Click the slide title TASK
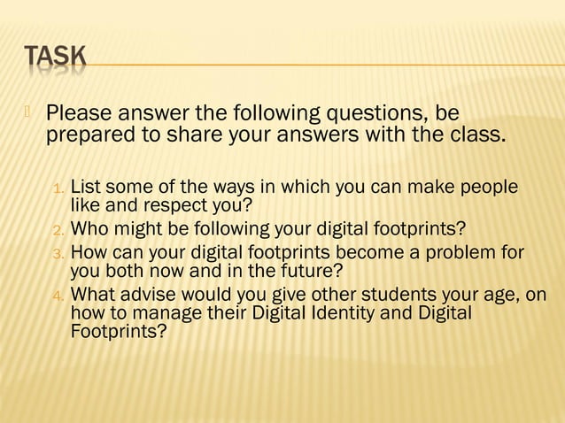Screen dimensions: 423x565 click(x=55, y=57)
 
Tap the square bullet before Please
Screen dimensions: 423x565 click(x=27, y=112)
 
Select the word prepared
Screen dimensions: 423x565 click(x=89, y=137)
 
